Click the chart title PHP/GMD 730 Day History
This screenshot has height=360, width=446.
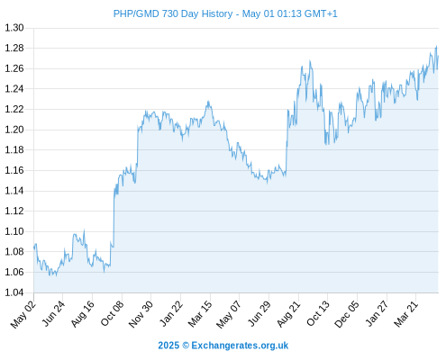click(173, 13)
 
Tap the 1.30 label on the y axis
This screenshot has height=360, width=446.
click(14, 28)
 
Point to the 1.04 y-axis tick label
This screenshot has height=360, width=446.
click(14, 292)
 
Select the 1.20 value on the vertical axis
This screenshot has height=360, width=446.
click(14, 130)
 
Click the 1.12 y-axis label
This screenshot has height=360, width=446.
click(14, 211)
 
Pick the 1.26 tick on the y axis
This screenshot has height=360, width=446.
click(14, 68)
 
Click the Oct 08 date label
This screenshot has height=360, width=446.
click(112, 313)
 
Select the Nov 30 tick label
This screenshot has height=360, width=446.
click(141, 314)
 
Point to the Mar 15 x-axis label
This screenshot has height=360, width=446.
click(200, 314)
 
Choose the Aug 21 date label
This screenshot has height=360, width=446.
click(288, 314)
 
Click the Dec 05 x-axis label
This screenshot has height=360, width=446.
click(347, 314)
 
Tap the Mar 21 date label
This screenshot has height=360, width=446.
click(406, 314)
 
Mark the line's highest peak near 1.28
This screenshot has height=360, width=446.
click(436, 46)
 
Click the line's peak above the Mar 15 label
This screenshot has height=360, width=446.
click(208, 102)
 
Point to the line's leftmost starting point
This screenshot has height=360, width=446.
click(34, 247)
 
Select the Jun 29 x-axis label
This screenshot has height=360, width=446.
click(259, 314)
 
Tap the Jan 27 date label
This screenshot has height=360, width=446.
click(377, 314)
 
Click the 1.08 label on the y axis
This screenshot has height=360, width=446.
click(14, 252)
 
